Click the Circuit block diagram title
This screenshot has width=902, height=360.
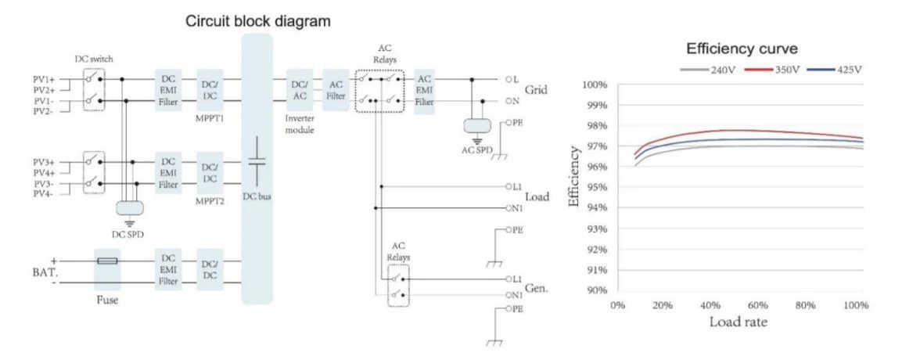coord(257,22)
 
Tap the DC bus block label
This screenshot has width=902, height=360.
coord(257,196)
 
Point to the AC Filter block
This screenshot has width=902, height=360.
coord(336,90)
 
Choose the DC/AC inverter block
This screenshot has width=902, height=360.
coord(300,90)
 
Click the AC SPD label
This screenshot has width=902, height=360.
coord(477,149)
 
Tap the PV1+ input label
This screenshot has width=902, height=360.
coord(44,80)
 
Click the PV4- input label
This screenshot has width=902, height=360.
coord(44,194)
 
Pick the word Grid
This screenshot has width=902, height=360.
coord(536,90)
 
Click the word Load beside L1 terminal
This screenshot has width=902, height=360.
coord(537,196)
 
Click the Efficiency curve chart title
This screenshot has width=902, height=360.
coord(742,49)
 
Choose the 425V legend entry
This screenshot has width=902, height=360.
coord(834,70)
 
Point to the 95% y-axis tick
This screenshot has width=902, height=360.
coord(596,188)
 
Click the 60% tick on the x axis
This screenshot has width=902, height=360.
coord(758,305)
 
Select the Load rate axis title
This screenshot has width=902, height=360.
coord(738,322)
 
